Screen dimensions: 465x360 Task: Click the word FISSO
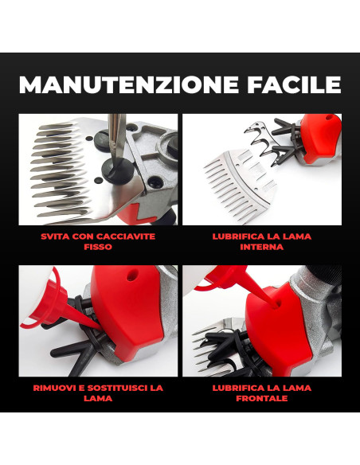click(99, 248)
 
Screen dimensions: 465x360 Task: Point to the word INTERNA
click(261, 248)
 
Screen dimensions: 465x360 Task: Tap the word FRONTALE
click(261, 398)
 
